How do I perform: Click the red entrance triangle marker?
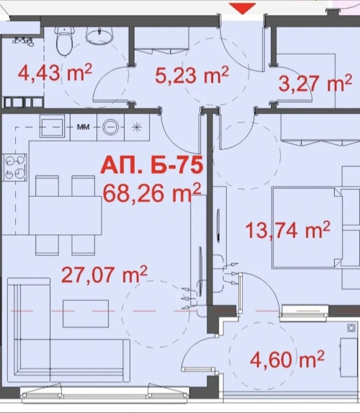click(x=242, y=8)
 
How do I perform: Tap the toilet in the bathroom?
click(x=64, y=40)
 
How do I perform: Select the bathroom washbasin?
click(x=100, y=35)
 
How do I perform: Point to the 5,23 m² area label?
click(x=192, y=74)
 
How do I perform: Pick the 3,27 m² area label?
click(x=315, y=82)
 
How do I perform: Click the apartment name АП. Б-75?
click(x=152, y=165)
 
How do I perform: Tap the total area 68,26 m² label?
click(x=152, y=193)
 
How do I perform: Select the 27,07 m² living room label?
click(x=104, y=274)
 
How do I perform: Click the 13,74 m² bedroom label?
click(x=288, y=230)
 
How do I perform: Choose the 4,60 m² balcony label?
click(x=287, y=359)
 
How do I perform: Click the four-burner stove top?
click(x=14, y=167)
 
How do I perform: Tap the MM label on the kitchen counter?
click(x=83, y=128)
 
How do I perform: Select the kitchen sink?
click(x=52, y=128)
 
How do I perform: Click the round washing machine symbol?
click(x=110, y=127)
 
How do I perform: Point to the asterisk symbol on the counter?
click(x=137, y=128)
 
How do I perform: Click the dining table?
click(x=66, y=216)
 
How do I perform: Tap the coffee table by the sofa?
click(x=86, y=314)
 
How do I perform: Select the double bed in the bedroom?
click(x=307, y=228)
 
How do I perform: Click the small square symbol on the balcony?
click(x=351, y=328)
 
